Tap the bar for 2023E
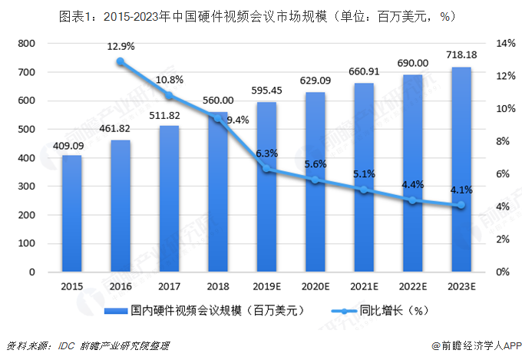click(461, 170)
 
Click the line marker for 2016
click(121, 61)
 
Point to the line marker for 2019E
click(266, 169)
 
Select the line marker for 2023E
click(461, 205)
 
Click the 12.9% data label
click(121, 47)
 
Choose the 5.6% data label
click(316, 164)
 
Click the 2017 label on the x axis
click(169, 286)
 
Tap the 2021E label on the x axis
click(364, 286)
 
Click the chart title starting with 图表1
click(260, 15)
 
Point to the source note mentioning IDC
click(87, 346)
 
